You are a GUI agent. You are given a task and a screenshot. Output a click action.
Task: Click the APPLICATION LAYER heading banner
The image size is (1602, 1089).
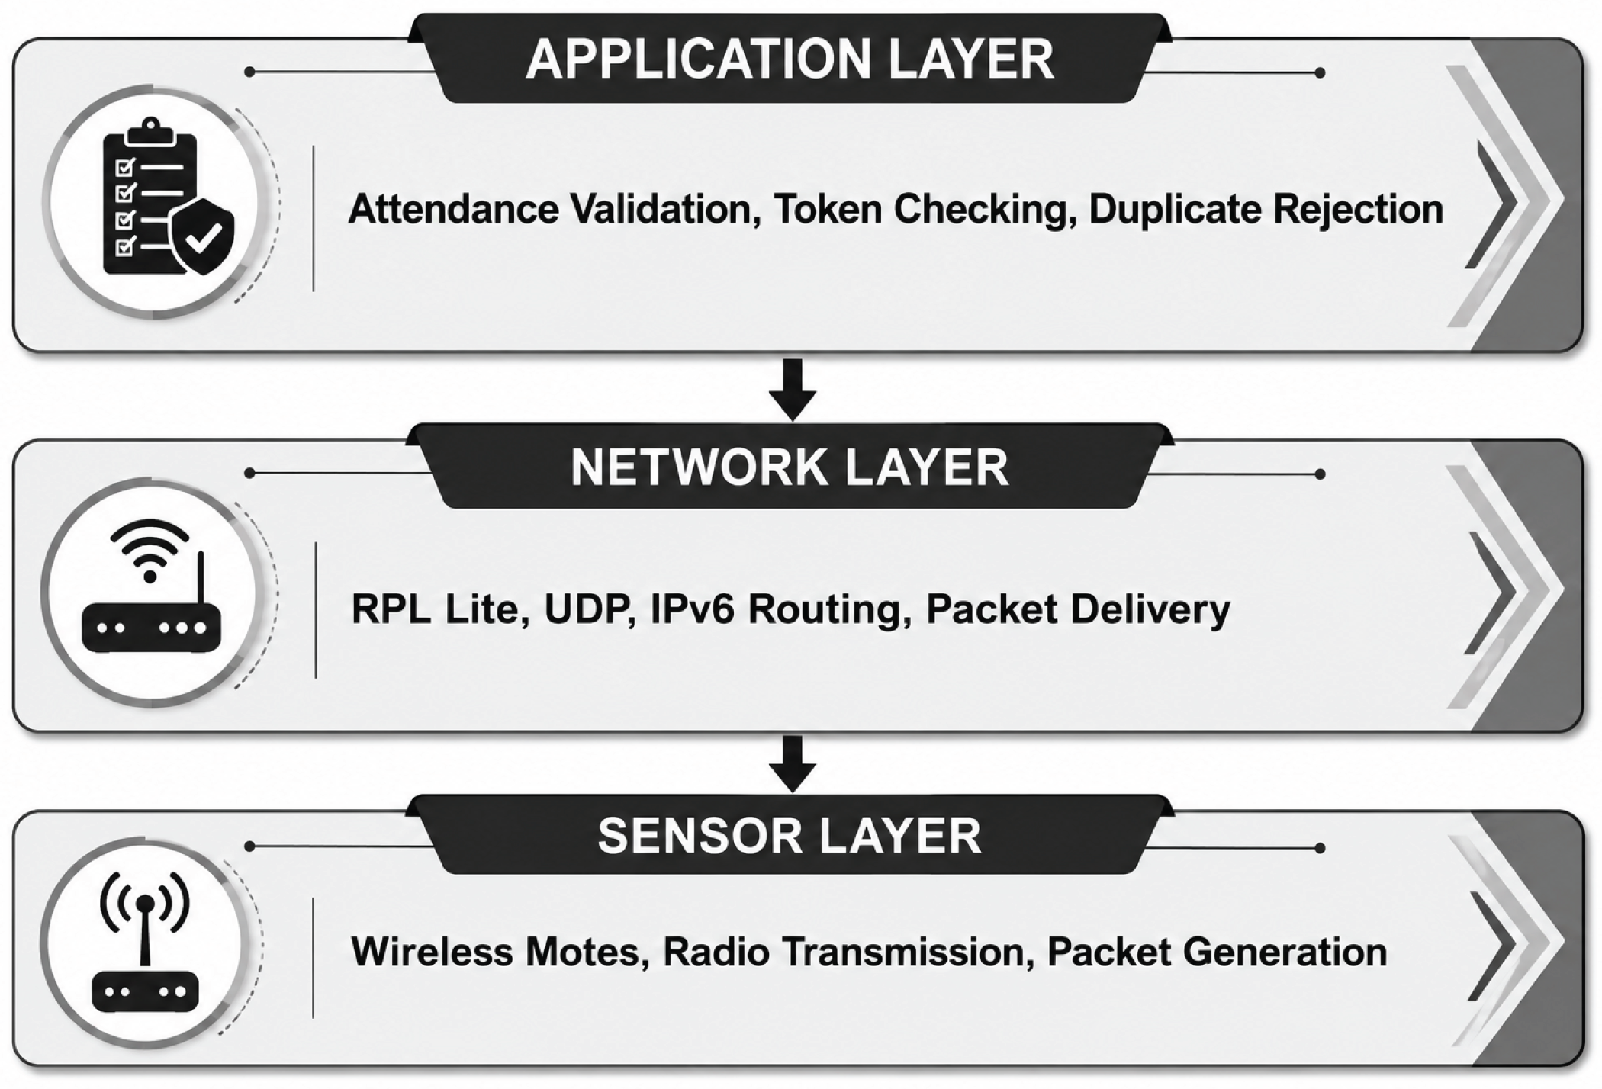pos(790,59)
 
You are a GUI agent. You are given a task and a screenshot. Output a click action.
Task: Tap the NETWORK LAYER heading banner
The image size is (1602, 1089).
pos(790,467)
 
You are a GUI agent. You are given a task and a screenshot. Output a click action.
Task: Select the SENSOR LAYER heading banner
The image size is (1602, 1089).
pos(790,835)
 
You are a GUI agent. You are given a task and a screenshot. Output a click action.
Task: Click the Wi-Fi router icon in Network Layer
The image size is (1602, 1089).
pos(151,586)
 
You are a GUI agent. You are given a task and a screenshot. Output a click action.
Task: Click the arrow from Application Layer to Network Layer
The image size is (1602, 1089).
pos(793,389)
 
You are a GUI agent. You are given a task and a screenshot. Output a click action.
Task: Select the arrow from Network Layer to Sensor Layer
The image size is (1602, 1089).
pos(793,763)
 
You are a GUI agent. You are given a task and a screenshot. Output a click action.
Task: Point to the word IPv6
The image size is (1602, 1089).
pos(693,609)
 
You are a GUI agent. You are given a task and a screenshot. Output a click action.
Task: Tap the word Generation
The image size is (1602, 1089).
pos(1284,951)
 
